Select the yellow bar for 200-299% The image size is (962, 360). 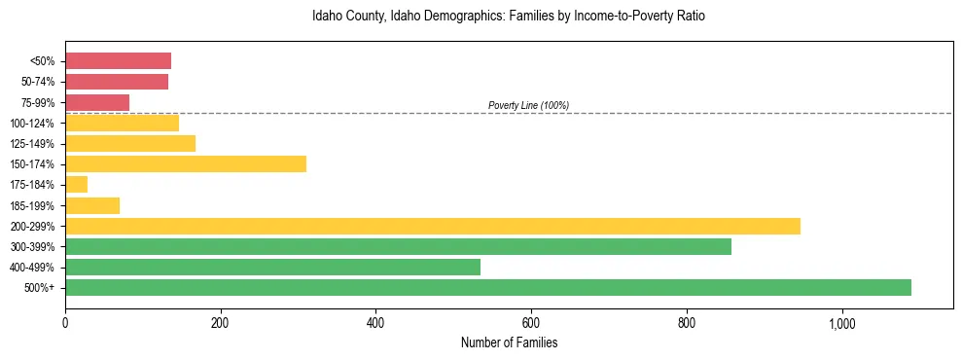click(x=433, y=226)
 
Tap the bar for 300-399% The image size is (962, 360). click(x=398, y=246)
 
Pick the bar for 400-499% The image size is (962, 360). click(x=272, y=267)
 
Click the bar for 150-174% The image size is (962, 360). click(x=186, y=163)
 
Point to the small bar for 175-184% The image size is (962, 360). click(x=76, y=184)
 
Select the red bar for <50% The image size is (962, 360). click(x=118, y=60)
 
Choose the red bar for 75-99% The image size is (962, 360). click(x=97, y=102)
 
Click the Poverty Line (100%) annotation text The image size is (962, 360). click(x=528, y=105)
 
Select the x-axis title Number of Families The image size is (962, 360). click(x=509, y=342)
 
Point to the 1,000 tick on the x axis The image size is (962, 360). click(x=841, y=323)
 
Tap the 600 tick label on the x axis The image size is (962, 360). click(x=531, y=323)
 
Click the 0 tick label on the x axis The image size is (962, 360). click(x=65, y=323)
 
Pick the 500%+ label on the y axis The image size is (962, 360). click(x=41, y=288)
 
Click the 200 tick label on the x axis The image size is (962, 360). click(x=221, y=323)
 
